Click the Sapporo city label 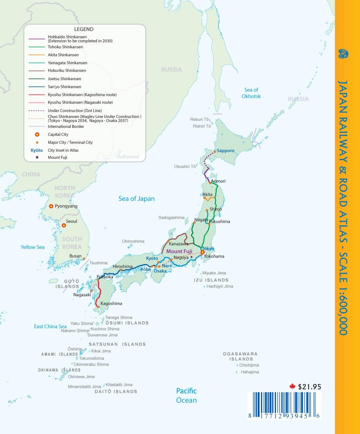pos(226,151)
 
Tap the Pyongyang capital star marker pos(51,206)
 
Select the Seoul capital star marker pos(64,225)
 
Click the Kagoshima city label pos(111,304)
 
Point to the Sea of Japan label pos(136,199)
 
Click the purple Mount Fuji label pos(179,251)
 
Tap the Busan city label pos(75,256)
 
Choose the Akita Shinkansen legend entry pos(63,55)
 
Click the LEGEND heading pos(84,29)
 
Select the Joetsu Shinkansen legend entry pos(64,79)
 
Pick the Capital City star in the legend pos(37,134)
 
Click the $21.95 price pos(309,387)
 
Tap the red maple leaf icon pos(292,387)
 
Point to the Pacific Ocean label pos(186,396)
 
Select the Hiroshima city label pos(123,266)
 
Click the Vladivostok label pos(128,157)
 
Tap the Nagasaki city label pos(82,295)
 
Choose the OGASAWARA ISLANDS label pos(240,356)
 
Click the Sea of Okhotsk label pos(251,93)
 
